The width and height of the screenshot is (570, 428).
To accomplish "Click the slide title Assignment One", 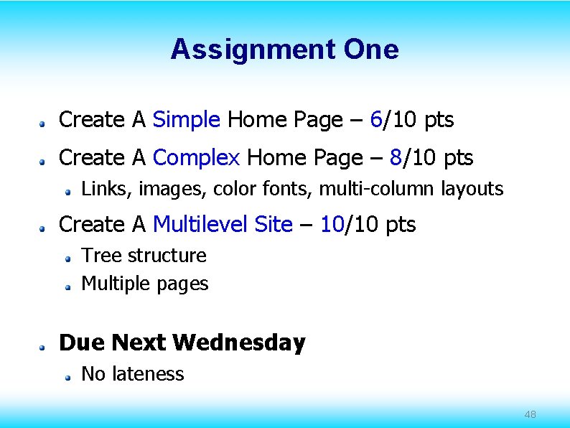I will (284, 50).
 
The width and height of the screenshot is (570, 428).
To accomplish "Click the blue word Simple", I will (187, 120).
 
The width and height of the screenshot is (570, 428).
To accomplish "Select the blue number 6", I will (375, 120).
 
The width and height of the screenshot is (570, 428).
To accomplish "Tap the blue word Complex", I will (196, 157).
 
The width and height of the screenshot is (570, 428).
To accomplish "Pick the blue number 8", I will (395, 157).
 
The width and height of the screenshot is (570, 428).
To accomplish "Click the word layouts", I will (472, 189).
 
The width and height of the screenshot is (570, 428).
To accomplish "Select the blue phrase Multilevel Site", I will (223, 225).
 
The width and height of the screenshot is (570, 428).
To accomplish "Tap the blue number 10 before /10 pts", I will (332, 225).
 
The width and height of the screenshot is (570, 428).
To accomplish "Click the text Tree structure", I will (144, 256).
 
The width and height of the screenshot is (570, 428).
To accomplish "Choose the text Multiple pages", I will (145, 284).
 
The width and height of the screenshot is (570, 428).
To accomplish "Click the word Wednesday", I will (239, 343).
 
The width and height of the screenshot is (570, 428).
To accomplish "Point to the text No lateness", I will (133, 374).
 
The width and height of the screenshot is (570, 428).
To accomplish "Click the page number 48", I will (531, 414).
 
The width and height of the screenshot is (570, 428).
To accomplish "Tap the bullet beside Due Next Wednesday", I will (44, 345).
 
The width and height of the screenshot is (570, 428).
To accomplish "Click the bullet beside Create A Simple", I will (44, 124).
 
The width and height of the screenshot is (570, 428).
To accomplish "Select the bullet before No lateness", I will (67, 376).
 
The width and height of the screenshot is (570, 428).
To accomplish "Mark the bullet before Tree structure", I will (67, 258).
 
